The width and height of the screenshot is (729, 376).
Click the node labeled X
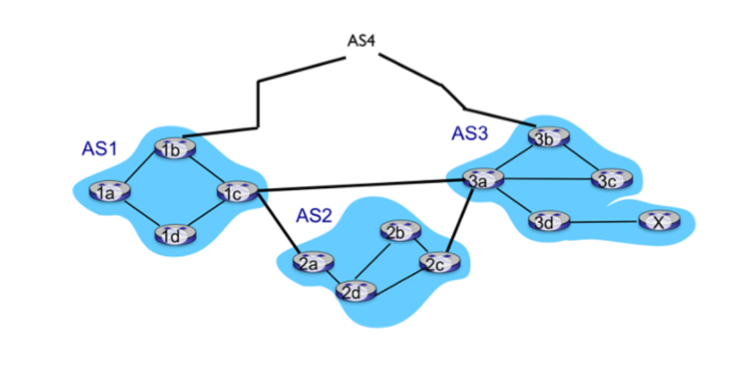[x=658, y=222]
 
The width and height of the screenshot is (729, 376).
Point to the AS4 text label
[x=361, y=40]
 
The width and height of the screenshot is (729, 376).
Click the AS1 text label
[x=99, y=149]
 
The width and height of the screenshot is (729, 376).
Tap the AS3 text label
[x=469, y=134]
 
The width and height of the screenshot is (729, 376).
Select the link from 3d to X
[x=603, y=222]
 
